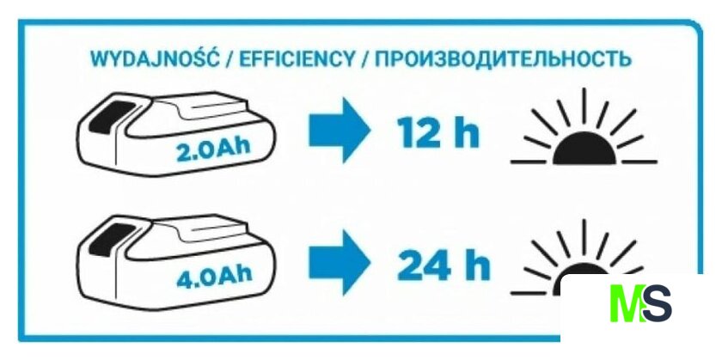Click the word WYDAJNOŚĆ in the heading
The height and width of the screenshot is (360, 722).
pos(156,58)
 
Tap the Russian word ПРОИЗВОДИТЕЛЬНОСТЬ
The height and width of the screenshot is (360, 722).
pos(502,59)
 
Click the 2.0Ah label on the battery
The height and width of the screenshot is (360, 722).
pos(213,149)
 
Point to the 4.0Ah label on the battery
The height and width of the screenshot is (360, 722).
pos(214,276)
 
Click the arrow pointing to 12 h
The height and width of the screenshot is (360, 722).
pos(340,130)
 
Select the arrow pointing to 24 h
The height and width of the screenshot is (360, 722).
pos(340,262)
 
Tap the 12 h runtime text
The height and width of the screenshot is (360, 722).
pos(437,132)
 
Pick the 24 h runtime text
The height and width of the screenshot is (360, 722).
pos(443,265)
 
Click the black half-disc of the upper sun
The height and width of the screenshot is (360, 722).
pos(584,149)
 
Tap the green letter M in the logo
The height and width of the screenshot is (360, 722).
pos(627,303)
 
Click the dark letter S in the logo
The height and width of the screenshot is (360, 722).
pos(657,303)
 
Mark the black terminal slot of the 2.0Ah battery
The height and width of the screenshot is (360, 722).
pos(111,118)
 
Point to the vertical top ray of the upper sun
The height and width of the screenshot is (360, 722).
pos(584,106)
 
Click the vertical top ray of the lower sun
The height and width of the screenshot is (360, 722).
pos(584,237)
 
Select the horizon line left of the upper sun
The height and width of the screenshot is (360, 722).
pos(528,162)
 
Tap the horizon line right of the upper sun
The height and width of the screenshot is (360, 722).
pos(639,162)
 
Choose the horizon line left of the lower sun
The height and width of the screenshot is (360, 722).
pos(528,293)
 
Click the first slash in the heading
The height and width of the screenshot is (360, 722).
pos(229,60)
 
